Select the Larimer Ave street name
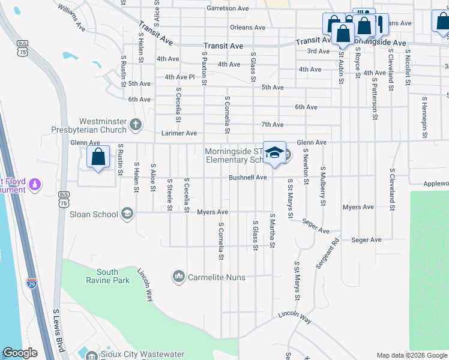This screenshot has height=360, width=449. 179,133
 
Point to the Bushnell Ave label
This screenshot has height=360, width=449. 247,178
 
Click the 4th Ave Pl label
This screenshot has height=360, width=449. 180,77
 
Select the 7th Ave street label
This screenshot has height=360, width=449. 272,124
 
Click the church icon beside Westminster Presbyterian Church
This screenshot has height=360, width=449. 136,125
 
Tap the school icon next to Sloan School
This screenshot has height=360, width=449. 127,213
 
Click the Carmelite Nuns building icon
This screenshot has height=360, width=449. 178,277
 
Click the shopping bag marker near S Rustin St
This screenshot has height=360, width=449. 98,157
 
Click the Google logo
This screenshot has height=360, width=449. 20,353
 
